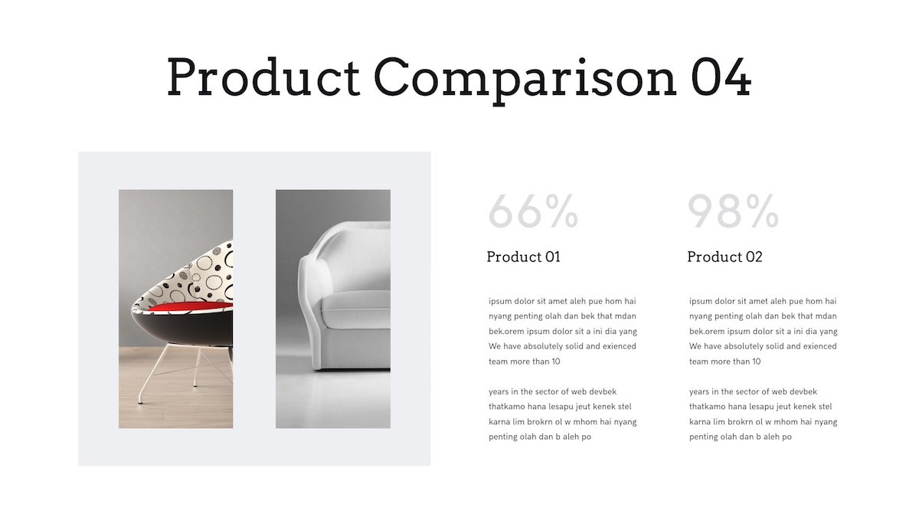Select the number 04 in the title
(721, 77)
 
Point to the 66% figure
(533, 211)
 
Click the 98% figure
(733, 211)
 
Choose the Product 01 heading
(524, 257)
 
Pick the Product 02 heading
(724, 257)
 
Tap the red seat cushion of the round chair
(191, 306)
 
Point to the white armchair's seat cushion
(356, 308)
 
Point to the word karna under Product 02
(701, 422)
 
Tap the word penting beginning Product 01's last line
(504, 437)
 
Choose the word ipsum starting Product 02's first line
(701, 301)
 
